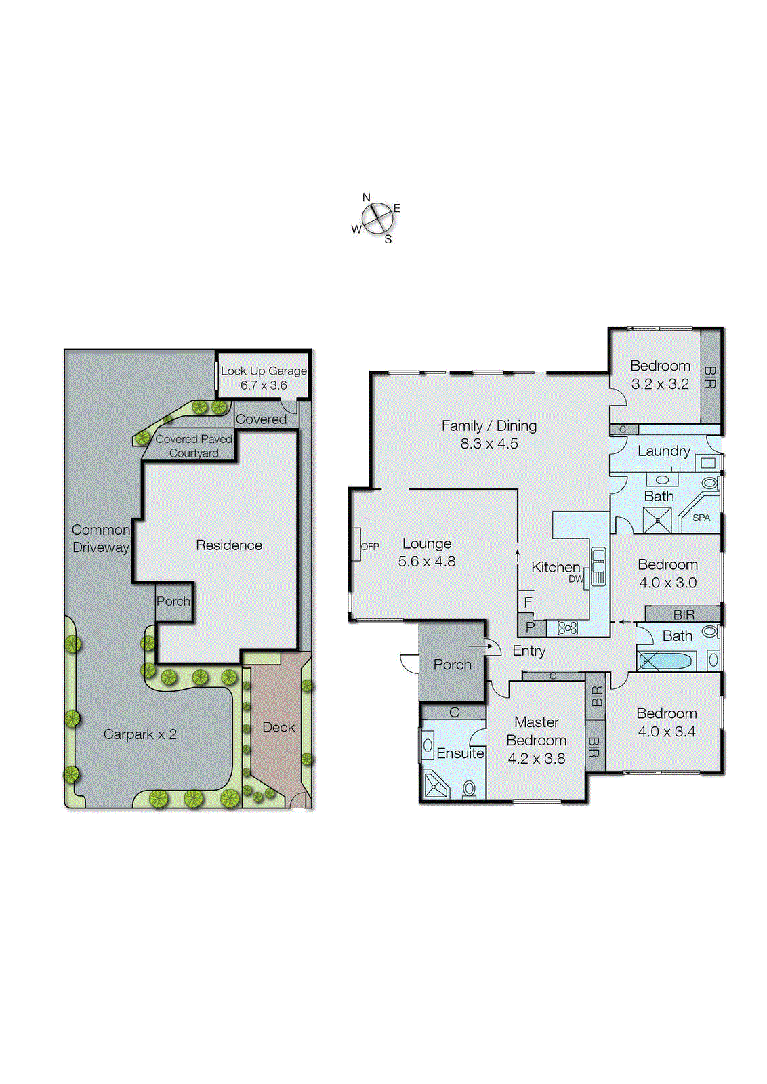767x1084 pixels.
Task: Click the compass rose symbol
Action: coord(377,218)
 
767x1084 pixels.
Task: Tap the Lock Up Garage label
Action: coord(264,371)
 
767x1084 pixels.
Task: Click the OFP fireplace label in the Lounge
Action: coord(369,546)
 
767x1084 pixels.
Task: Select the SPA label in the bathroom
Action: coord(701,518)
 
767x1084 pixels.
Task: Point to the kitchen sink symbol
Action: coord(598,566)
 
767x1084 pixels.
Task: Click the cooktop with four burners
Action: coord(568,628)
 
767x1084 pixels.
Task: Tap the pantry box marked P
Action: coord(531,627)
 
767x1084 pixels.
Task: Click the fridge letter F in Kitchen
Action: coord(528,602)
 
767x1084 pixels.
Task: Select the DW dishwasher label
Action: coord(576,579)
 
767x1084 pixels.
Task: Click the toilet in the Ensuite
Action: coord(469,788)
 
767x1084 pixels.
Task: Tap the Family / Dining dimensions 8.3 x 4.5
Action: coord(489,444)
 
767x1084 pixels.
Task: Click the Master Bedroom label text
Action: coord(536,731)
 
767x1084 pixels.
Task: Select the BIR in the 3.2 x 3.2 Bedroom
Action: coord(709,377)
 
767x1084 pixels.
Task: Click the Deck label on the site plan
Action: coord(278,727)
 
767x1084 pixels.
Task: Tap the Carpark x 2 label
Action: coord(140,734)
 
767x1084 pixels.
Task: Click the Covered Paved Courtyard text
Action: coord(194,446)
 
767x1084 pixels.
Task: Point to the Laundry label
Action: coord(663,451)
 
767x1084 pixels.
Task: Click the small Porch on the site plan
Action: coord(173,601)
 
